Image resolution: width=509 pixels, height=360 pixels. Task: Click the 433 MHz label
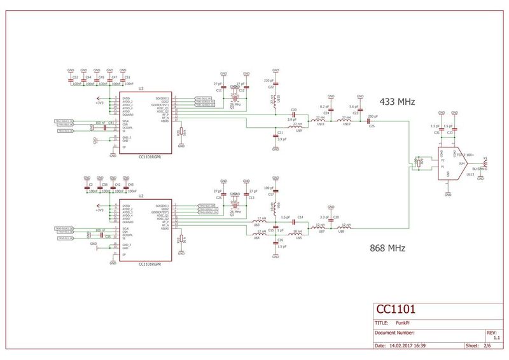[397, 102]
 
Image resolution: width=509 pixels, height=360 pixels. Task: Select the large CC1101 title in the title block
[396, 310]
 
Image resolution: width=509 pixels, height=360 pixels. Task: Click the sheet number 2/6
[487, 346]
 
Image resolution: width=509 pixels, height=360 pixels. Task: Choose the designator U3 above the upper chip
[141, 88]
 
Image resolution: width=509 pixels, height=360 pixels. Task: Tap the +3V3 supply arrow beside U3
[98, 100]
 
